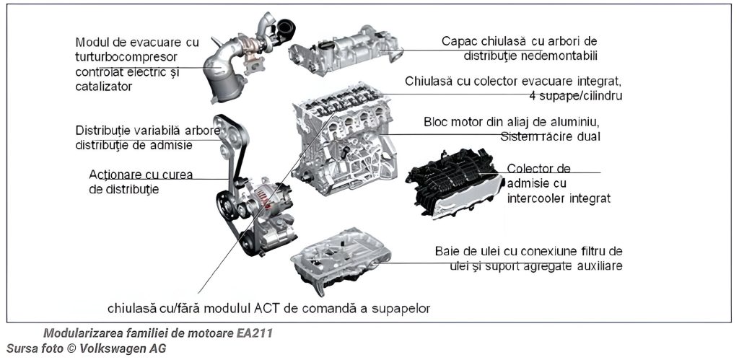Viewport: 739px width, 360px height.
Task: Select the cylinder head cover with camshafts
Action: pyautogui.click(x=346, y=51)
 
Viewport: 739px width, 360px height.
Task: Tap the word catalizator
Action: pyautogui.click(x=104, y=87)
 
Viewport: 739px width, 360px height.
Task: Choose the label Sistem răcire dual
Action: pyautogui.click(x=551, y=137)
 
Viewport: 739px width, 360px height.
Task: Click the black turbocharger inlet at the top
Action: pyautogui.click(x=285, y=29)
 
